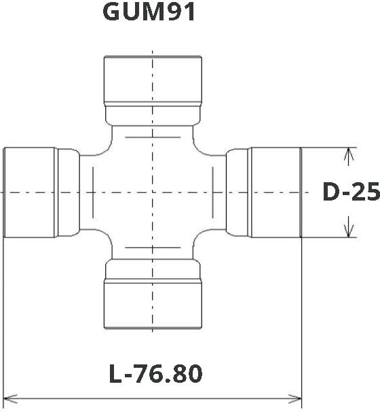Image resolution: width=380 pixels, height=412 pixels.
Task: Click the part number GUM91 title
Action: (149, 12)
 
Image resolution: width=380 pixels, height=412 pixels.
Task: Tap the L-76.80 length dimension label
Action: (156, 374)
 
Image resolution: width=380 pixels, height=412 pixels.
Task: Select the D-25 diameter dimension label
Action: (351, 192)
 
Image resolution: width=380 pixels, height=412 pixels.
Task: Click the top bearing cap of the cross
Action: (153, 81)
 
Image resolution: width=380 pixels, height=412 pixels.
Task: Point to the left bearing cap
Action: (30, 192)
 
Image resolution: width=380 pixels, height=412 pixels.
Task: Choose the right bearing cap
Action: (275, 192)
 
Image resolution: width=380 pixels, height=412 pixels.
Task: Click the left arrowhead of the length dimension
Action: (10, 398)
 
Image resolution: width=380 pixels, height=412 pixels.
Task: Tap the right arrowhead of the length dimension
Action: (294, 398)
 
